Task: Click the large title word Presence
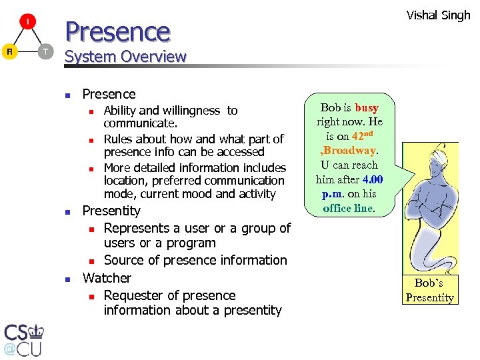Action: [117, 31]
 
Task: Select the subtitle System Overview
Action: [125, 57]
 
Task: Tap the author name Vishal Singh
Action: [438, 15]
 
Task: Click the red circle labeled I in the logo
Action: [27, 22]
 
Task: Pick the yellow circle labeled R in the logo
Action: [9, 51]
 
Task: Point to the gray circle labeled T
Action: [45, 51]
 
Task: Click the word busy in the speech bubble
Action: [367, 107]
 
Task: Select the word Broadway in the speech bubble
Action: [349, 150]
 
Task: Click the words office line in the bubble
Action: [348, 208]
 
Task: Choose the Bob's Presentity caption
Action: [429, 291]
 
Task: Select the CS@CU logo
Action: [24, 339]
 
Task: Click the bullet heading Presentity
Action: [111, 211]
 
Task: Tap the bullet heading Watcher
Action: [107, 277]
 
